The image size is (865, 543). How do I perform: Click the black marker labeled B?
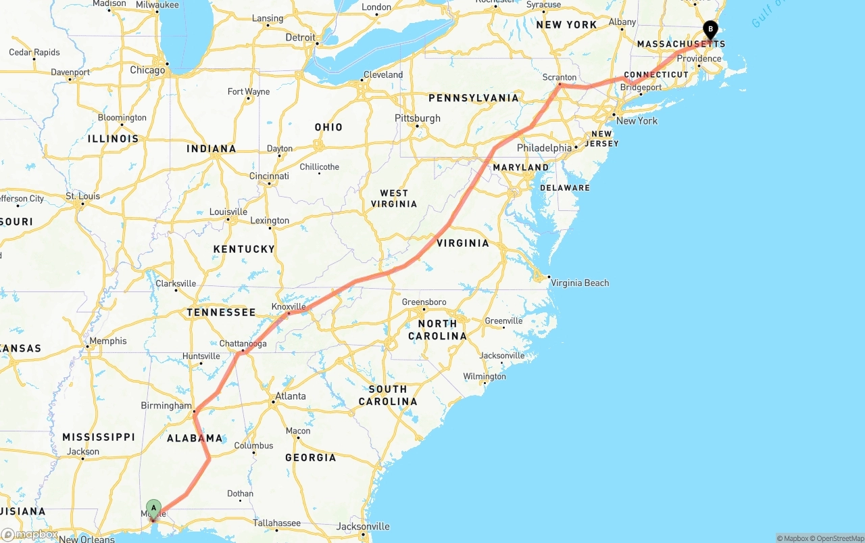pyautogui.click(x=710, y=29)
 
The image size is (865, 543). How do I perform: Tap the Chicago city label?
pyautogui.click(x=147, y=70)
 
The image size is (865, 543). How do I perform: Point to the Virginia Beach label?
pyautogui.click(x=579, y=283)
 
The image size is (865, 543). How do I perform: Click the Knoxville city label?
pyautogui.click(x=289, y=306)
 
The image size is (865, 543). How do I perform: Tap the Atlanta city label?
pyautogui.click(x=291, y=396)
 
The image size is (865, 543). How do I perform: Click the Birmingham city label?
pyautogui.click(x=166, y=406)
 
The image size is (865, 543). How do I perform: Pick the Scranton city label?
pyautogui.click(x=559, y=77)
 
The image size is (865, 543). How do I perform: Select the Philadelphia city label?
pyautogui.click(x=544, y=147)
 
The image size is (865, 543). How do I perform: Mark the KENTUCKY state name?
pyautogui.click(x=244, y=249)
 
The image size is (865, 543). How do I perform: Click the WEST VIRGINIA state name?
pyautogui.click(x=394, y=198)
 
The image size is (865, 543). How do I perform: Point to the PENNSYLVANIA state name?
pyautogui.click(x=473, y=98)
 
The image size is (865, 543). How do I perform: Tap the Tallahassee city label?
pyautogui.click(x=276, y=523)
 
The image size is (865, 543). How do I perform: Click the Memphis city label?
pyautogui.click(x=107, y=341)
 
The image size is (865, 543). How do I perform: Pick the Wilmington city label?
pyautogui.click(x=484, y=376)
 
